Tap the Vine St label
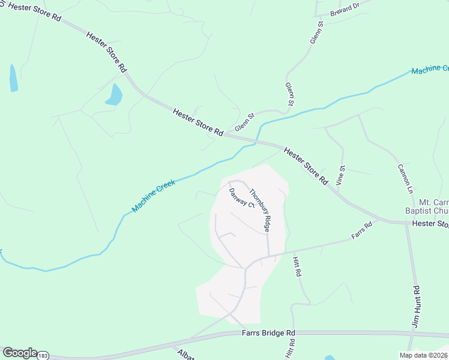pyautogui.click(x=341, y=175)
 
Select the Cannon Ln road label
pyautogui.click(x=406, y=179)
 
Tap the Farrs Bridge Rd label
pyautogui.click(x=269, y=332)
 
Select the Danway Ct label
pyautogui.click(x=243, y=199)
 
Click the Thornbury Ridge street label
pyautogui.click(x=261, y=211)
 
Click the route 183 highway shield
pyautogui.click(x=43, y=356)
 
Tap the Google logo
pyautogui.click(x=19, y=353)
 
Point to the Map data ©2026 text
pyautogui.click(x=423, y=355)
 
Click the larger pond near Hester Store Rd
pyautogui.click(x=113, y=95)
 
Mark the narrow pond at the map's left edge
pyautogui.click(x=13, y=78)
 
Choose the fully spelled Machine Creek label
pyautogui.click(x=154, y=196)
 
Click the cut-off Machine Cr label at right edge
pyautogui.click(x=430, y=70)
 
